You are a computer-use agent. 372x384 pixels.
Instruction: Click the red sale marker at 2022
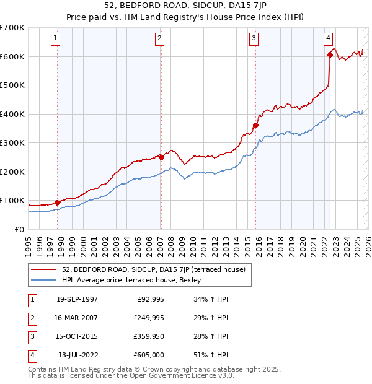[330, 55]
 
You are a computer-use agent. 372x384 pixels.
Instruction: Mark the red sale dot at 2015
[255, 125]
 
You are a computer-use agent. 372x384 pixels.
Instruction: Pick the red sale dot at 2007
[161, 157]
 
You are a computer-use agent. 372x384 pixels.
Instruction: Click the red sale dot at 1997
[58, 202]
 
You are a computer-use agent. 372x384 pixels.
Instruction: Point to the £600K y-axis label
[12, 56]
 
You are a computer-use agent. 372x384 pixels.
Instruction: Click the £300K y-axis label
[12, 142]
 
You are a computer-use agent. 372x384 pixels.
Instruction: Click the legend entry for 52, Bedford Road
[154, 269]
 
